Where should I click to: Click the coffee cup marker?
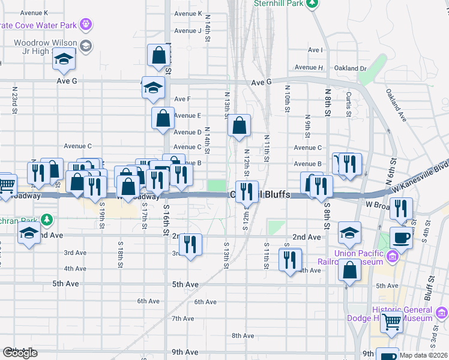pos(401,237)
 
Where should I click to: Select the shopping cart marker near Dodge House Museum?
pos(392,321)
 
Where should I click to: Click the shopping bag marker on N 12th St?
pos(239,126)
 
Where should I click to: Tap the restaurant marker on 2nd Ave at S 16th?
pos(190,244)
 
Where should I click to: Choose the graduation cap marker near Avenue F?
pos(153,88)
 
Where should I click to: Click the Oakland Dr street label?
pos(350,68)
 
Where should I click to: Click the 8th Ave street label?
pos(243,335)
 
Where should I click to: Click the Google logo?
pos(20,353)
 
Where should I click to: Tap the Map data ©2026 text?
pos(424,355)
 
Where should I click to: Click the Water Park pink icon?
pos(86,25)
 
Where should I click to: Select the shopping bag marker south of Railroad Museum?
pos(349,271)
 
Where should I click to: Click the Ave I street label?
pos(315,50)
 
